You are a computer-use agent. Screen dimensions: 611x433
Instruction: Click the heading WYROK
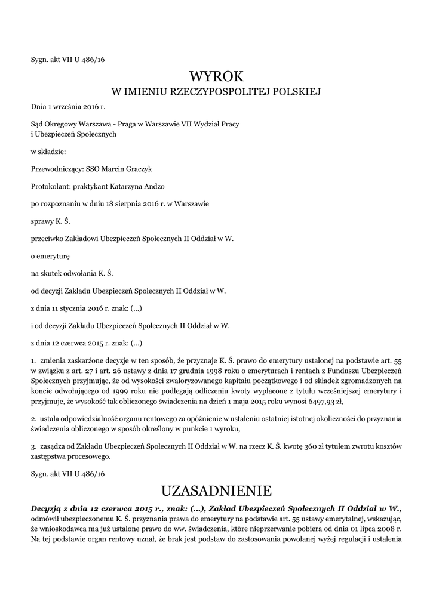coord(216,77)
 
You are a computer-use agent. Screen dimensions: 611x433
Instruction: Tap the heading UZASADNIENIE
coord(216,491)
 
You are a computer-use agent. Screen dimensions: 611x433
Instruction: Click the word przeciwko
coord(47,239)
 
